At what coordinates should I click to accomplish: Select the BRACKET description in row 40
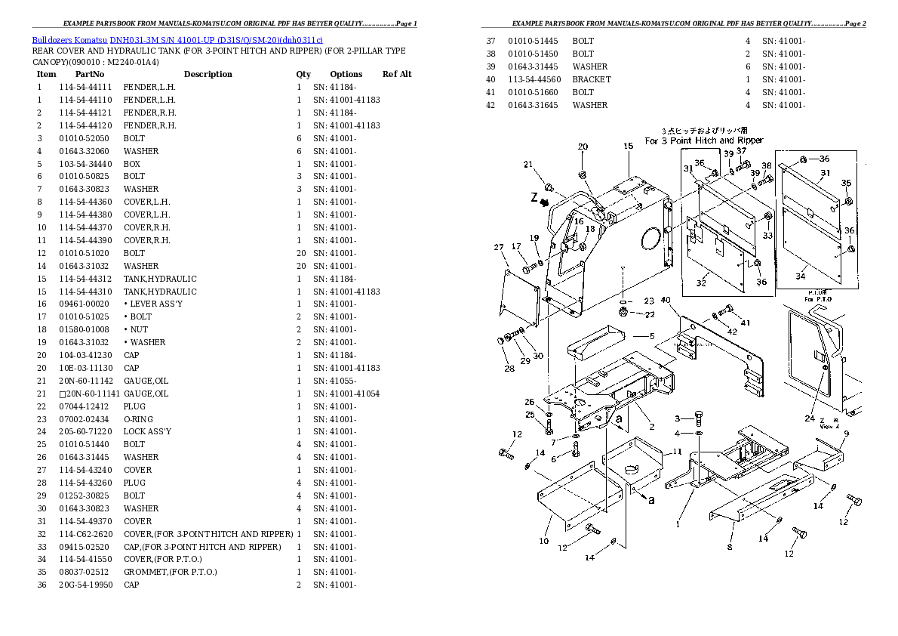click(592, 79)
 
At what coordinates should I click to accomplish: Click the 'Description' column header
click(208, 74)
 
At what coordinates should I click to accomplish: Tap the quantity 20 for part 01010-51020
click(300, 253)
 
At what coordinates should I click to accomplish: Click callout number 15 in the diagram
click(628, 147)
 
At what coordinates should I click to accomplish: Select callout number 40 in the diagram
click(665, 301)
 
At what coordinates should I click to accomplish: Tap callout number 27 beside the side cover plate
click(499, 248)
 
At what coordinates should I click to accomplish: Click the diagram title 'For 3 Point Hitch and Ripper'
click(703, 140)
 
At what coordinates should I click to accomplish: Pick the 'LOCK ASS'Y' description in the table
click(147, 431)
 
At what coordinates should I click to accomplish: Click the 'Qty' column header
click(303, 74)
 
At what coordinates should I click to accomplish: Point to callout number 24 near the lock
click(809, 418)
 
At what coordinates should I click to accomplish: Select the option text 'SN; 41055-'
click(334, 381)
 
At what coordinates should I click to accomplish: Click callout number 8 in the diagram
click(730, 546)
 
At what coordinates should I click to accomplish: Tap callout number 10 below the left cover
click(543, 541)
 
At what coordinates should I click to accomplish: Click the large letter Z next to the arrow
click(534, 198)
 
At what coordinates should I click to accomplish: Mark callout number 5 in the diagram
click(653, 336)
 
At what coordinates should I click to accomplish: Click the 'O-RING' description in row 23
click(139, 419)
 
